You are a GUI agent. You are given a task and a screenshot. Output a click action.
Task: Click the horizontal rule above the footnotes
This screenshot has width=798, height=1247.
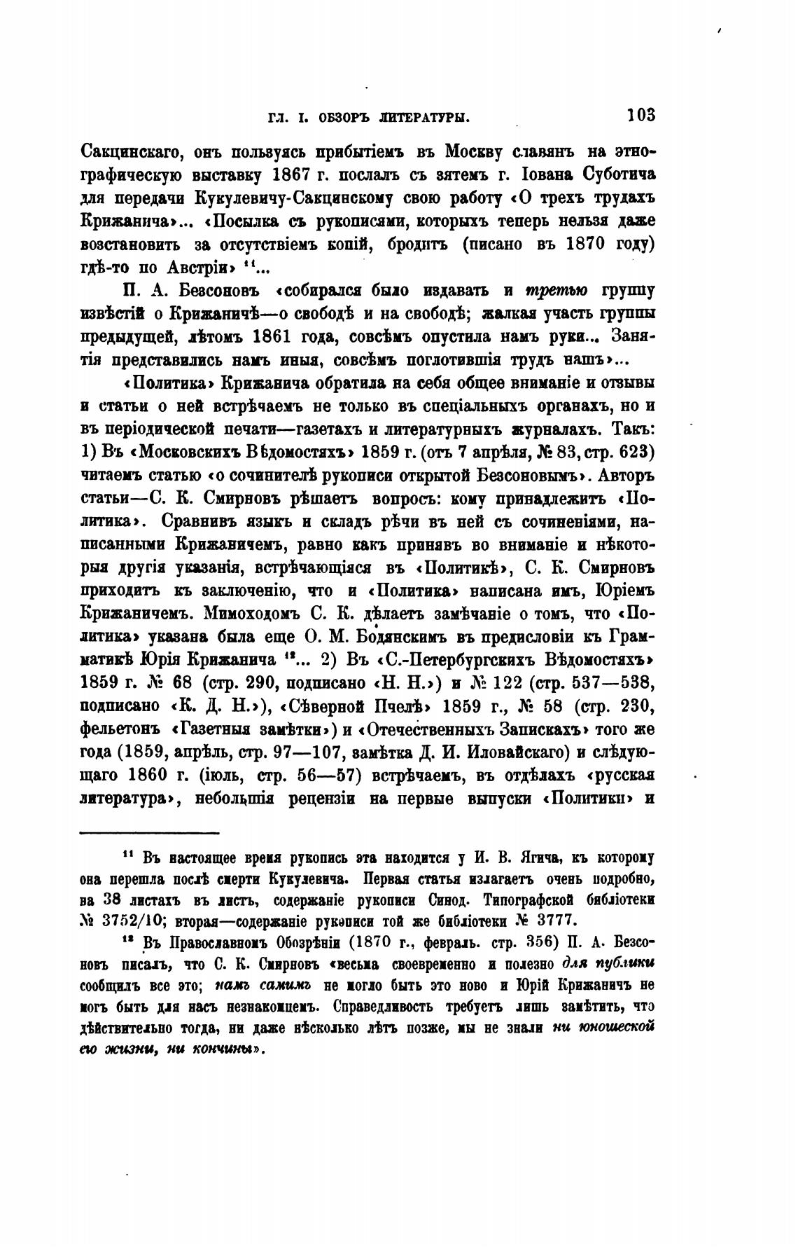pos(150,833)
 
